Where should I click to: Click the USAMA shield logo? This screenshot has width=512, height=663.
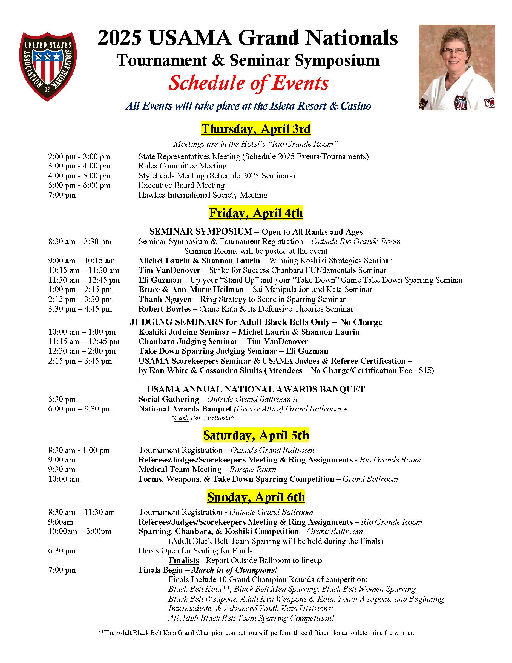tap(48, 66)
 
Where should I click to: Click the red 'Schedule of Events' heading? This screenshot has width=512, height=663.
tap(248, 83)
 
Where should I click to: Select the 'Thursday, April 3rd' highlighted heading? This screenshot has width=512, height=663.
tap(256, 129)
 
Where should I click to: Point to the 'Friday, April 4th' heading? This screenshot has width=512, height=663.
tap(256, 213)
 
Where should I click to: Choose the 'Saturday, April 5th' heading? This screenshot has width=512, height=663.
tap(256, 435)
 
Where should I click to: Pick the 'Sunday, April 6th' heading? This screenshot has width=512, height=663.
tap(256, 497)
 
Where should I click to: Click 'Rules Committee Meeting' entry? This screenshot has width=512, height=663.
tap(183, 166)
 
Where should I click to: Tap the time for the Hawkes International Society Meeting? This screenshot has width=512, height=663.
tap(62, 195)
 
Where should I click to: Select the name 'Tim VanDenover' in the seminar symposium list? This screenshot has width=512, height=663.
tap(169, 270)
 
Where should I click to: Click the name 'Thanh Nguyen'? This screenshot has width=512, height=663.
tap(165, 299)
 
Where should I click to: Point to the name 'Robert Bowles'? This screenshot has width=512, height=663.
tap(164, 309)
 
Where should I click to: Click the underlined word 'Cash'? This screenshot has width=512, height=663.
tap(181, 418)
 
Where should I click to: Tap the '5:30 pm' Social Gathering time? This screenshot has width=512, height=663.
tap(62, 399)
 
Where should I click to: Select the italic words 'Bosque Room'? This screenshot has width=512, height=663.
tap(253, 470)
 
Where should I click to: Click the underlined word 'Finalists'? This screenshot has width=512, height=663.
tap(183, 560)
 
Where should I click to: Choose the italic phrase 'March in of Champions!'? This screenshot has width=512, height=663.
tap(234, 570)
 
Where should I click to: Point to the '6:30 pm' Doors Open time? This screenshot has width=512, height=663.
tap(62, 551)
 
